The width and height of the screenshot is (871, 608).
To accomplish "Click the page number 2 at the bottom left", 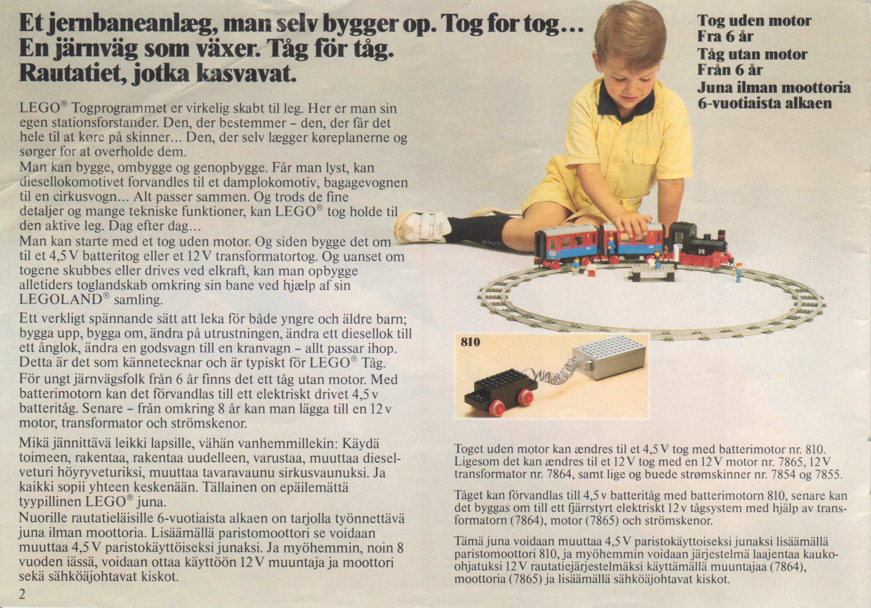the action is coord(22,594).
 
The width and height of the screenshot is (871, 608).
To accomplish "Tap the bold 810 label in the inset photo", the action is coord(470,342).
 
